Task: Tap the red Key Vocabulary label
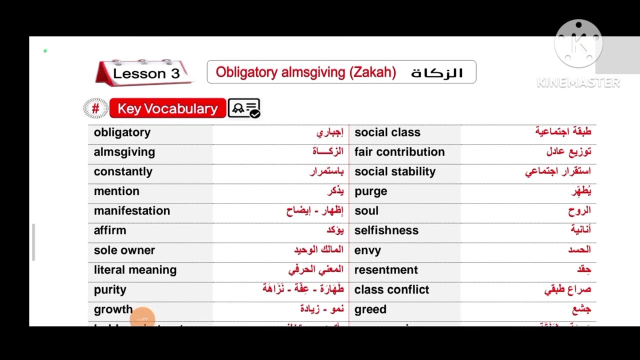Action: (167, 108)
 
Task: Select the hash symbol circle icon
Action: (95, 108)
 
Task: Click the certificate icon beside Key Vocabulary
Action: (244, 108)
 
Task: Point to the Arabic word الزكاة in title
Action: (436, 73)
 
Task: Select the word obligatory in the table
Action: (122, 132)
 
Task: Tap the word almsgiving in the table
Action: (124, 152)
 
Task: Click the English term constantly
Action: (123, 171)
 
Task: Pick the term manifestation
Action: (132, 211)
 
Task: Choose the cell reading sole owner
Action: (124, 250)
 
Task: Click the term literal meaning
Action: (135, 270)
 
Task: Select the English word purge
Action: (370, 191)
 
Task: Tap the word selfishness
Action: (386, 230)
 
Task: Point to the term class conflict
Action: (391, 289)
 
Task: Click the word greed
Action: (370, 309)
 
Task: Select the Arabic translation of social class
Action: (563, 131)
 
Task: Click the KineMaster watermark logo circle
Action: (578, 44)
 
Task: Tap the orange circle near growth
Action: (142, 318)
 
